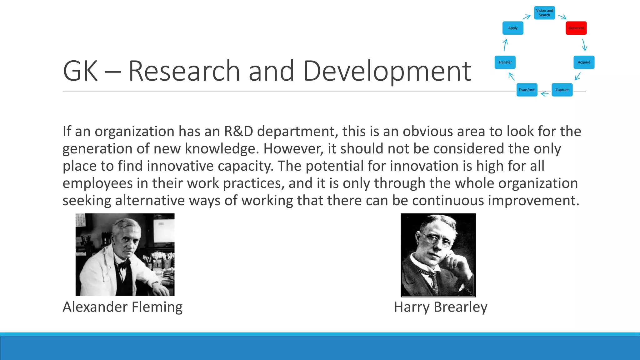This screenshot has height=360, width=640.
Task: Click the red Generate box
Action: (x=576, y=28)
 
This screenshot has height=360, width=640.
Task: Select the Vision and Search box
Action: (x=544, y=13)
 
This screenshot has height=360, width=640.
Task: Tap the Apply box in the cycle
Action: (x=513, y=28)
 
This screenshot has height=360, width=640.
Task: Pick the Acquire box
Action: (x=584, y=62)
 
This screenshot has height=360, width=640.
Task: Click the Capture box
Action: (x=562, y=90)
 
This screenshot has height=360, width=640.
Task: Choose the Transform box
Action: (x=527, y=90)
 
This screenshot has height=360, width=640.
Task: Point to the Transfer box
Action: (x=505, y=62)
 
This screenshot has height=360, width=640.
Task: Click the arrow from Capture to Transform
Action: (x=545, y=93)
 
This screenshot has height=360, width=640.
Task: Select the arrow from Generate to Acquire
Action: (x=584, y=45)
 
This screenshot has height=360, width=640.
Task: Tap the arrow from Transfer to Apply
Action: (x=505, y=45)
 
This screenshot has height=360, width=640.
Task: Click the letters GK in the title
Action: (x=80, y=71)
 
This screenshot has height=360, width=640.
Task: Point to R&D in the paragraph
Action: (x=238, y=131)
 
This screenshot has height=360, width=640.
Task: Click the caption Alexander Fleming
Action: (x=122, y=307)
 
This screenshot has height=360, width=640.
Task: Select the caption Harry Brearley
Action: (x=440, y=307)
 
